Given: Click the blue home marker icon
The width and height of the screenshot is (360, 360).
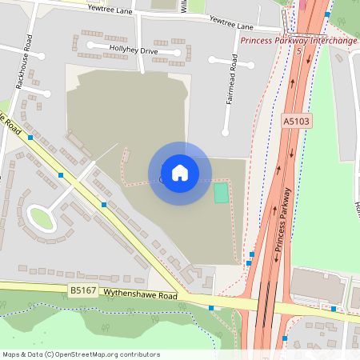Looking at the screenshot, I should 179,173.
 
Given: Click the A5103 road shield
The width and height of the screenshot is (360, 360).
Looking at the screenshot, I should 296,121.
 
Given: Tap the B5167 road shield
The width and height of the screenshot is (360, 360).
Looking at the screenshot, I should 82,291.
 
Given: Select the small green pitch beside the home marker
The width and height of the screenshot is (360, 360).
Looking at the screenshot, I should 221,193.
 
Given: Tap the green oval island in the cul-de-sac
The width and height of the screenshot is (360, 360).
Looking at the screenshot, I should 42,217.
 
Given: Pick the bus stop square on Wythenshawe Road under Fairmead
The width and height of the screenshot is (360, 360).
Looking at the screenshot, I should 211,307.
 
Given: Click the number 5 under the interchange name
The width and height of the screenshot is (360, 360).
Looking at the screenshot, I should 298,50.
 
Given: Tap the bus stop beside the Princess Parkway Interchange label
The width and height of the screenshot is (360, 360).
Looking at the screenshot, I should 327,15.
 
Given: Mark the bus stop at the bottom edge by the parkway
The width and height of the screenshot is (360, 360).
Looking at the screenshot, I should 285,338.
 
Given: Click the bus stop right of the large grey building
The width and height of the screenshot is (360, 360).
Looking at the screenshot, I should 334,308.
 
